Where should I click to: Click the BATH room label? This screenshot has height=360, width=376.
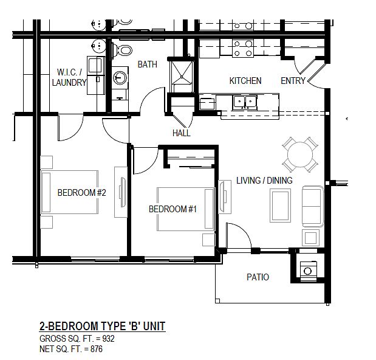click(x=147, y=64)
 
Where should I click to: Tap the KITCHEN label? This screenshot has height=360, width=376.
click(x=245, y=81)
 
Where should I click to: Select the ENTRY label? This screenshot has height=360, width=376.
click(x=293, y=81)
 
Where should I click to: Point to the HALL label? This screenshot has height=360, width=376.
click(x=182, y=133)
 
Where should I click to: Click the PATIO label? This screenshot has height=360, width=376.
click(x=258, y=277)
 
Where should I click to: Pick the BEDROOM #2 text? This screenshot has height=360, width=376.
click(x=81, y=193)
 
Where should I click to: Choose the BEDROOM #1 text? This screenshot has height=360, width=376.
click(x=173, y=209)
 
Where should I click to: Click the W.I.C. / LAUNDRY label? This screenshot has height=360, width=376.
click(x=69, y=77)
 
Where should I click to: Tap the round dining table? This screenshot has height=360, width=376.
click(x=300, y=154)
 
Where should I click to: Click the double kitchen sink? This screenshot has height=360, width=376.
click(x=245, y=102)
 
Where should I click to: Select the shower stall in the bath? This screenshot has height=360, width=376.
click(x=182, y=77)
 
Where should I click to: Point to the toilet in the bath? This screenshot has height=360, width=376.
click(x=122, y=50)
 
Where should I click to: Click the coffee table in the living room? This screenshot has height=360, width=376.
click(x=280, y=206)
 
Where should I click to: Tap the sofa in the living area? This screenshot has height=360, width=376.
click(x=312, y=206)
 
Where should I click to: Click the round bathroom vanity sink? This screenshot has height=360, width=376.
click(x=120, y=77)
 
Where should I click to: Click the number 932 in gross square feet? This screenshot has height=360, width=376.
click(x=108, y=339)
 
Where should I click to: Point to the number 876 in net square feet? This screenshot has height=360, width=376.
click(x=97, y=348)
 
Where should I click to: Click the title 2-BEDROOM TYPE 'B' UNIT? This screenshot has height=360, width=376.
click(x=103, y=326)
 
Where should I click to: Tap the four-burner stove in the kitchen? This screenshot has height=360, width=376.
click(x=243, y=48)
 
